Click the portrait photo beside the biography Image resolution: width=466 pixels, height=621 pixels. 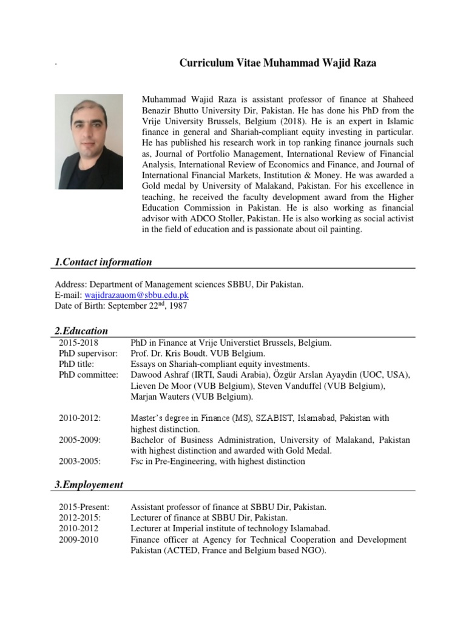(x=89, y=141)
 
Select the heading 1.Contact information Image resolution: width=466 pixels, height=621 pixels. (x=103, y=262)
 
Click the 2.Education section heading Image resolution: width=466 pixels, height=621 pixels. (x=81, y=331)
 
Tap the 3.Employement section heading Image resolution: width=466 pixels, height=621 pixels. (x=89, y=485)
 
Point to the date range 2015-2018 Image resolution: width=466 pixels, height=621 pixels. (x=79, y=343)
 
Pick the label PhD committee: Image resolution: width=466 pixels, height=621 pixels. (x=89, y=375)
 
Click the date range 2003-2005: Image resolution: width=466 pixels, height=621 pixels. (x=80, y=462)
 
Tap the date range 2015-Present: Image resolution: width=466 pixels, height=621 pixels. (x=85, y=507)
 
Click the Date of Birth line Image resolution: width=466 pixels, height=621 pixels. (x=121, y=306)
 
